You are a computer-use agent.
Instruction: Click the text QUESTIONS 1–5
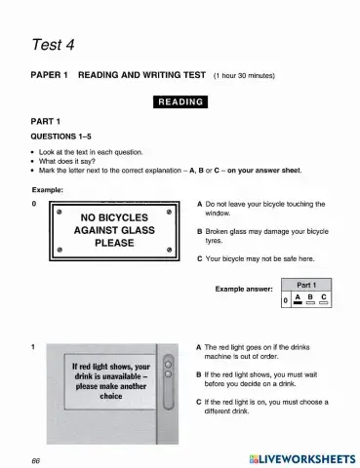coord(64,137)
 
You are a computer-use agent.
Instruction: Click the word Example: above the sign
coord(46,189)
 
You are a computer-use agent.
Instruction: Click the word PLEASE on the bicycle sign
coord(114,244)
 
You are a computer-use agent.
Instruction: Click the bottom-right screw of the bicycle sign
coord(170,252)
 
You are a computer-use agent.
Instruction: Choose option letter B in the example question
coord(199,232)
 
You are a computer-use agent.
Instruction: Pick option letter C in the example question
coord(199,258)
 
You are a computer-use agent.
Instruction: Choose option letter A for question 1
coord(199,347)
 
